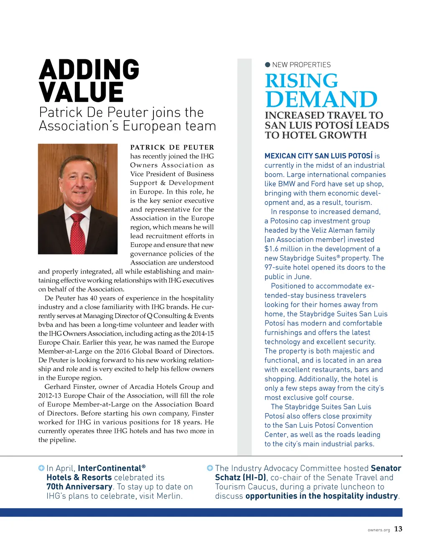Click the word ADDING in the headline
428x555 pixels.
pos(89,70)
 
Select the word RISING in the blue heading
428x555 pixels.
pos(301,81)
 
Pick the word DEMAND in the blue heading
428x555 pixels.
pos(321,99)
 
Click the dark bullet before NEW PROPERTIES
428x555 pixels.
pos(268,65)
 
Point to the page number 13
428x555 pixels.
pos(398,529)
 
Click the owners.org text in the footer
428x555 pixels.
pos(379,530)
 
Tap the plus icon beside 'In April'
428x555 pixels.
pos(41,468)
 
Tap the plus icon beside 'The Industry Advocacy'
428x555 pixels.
pos(210,468)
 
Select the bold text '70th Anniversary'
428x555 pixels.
pos(79,487)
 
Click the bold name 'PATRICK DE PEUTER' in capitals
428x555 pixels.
pos(172,147)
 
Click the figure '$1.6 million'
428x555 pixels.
pos(284,249)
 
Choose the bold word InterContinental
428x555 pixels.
pos(110,468)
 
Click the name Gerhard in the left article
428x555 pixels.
pos(58,387)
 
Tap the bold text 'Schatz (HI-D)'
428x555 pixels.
pos(240,477)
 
